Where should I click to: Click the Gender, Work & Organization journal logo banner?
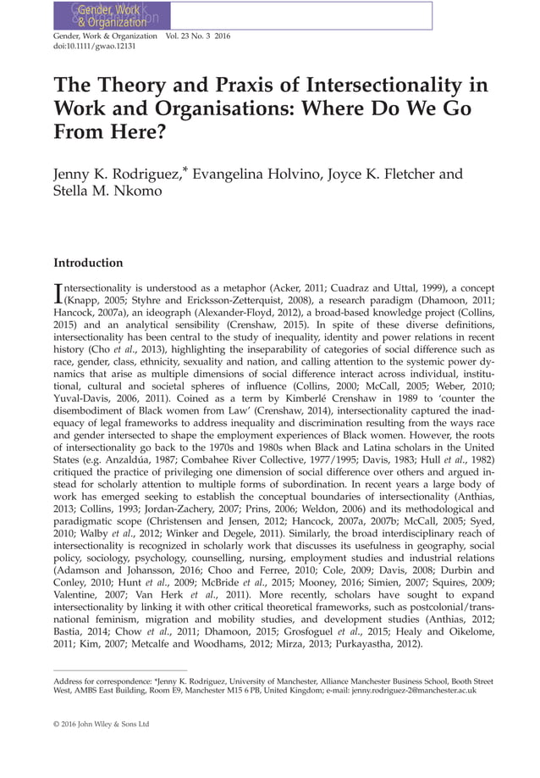111,16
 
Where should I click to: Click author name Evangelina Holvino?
252,175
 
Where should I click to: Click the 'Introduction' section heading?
88,263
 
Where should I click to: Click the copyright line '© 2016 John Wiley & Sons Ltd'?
101,725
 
